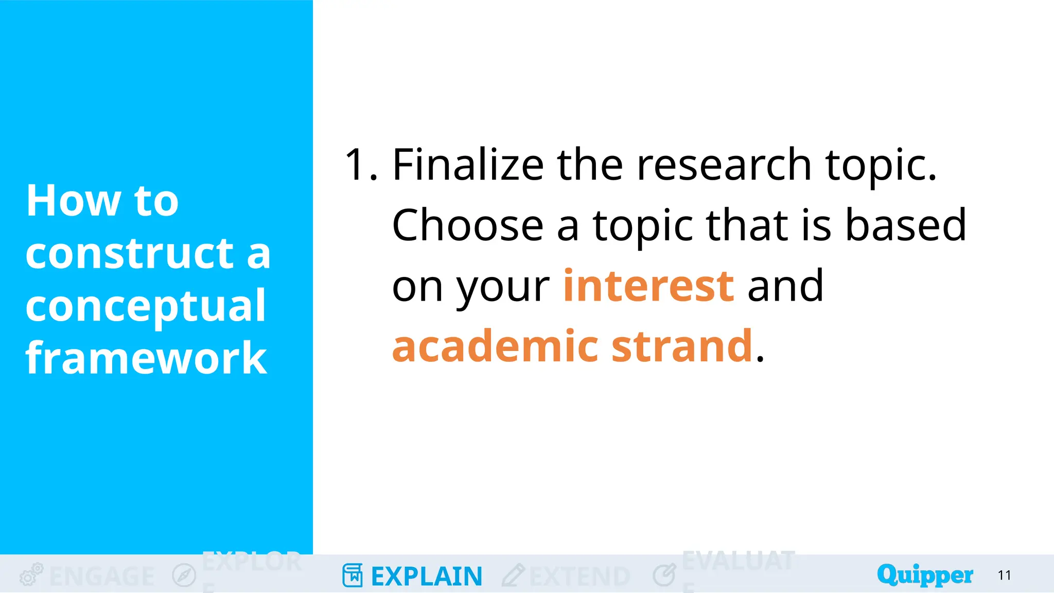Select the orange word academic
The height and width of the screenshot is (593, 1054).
coord(495,346)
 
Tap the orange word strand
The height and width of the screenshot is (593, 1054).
coord(682,346)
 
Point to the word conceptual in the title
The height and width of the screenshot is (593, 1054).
coord(146,306)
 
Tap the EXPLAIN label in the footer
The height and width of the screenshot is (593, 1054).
coord(427,576)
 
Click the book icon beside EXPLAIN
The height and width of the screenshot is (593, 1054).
coord(353,575)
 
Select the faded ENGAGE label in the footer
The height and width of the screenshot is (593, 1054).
coord(102,576)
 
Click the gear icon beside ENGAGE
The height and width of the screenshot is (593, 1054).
coord(31,574)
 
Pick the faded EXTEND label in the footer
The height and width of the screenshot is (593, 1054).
coord(579,576)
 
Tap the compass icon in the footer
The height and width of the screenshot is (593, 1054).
coord(184,575)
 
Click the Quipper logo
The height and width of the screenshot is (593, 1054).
coord(925,574)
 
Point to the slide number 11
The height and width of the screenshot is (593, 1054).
coord(1004,575)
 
